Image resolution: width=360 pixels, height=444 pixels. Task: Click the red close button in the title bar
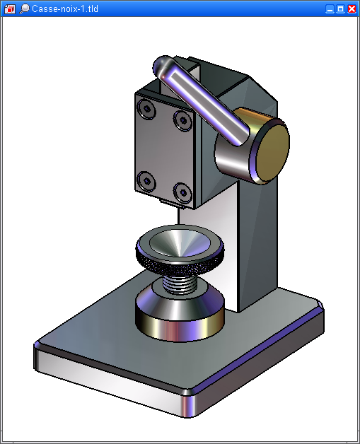click(352, 9)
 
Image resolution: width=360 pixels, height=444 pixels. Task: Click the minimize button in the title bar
click(330, 9)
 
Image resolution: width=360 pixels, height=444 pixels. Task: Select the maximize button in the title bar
click(340, 9)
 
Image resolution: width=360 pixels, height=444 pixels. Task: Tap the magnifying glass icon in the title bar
click(24, 9)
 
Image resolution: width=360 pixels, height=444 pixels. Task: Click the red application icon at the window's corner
click(10, 9)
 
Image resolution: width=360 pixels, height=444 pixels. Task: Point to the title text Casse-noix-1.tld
click(65, 8)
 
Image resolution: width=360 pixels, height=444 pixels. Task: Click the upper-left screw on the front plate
click(146, 109)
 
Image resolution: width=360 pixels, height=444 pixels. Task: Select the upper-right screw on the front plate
click(183, 121)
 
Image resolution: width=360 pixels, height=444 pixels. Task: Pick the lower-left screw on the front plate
click(146, 181)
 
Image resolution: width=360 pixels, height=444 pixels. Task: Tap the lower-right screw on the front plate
click(182, 193)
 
